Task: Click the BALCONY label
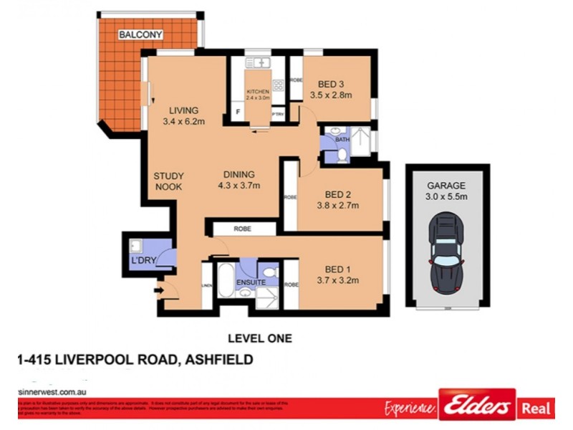tap(141, 34)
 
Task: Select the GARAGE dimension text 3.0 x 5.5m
tap(446, 196)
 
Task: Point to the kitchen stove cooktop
tap(278, 85)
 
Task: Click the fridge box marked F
tap(237, 113)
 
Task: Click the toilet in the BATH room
tap(342, 153)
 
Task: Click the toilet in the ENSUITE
tap(270, 272)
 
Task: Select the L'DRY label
tap(143, 260)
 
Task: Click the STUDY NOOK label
tap(169, 181)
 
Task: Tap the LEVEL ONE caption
tap(259, 338)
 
